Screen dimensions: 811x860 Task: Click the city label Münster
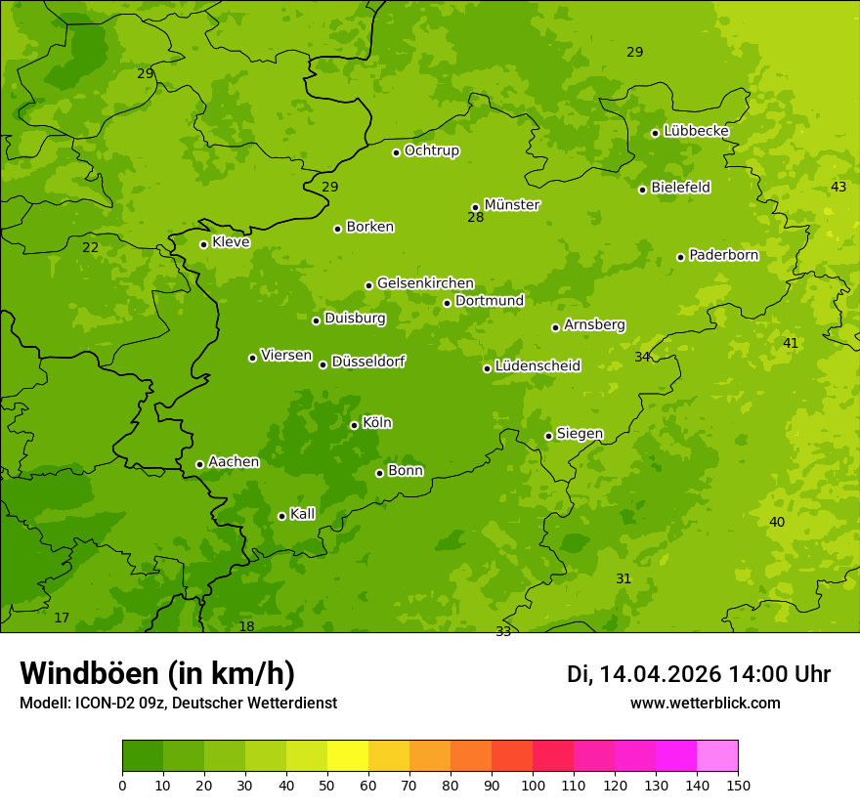[511, 205]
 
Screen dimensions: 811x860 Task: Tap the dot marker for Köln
[354, 425]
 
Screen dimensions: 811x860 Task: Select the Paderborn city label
[723, 255]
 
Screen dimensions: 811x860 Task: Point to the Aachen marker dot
[199, 464]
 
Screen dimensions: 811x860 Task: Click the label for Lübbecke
[696, 131]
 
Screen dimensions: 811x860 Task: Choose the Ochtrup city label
[431, 150]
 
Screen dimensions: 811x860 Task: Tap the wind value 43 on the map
[838, 187]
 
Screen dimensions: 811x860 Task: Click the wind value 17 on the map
[62, 618]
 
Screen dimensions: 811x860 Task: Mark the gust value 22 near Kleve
[90, 247]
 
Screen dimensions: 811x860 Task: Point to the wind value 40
[776, 522]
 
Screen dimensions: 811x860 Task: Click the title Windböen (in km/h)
[157, 673]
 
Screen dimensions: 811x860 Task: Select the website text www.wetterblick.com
[705, 703]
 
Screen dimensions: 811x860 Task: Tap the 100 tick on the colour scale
[533, 785]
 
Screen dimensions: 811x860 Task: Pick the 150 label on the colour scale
[738, 785]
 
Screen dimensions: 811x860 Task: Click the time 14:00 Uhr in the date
[778, 674]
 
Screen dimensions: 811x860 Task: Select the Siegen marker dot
[548, 436]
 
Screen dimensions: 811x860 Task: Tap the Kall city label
[302, 514]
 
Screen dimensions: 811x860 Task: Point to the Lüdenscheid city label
[537, 366]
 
